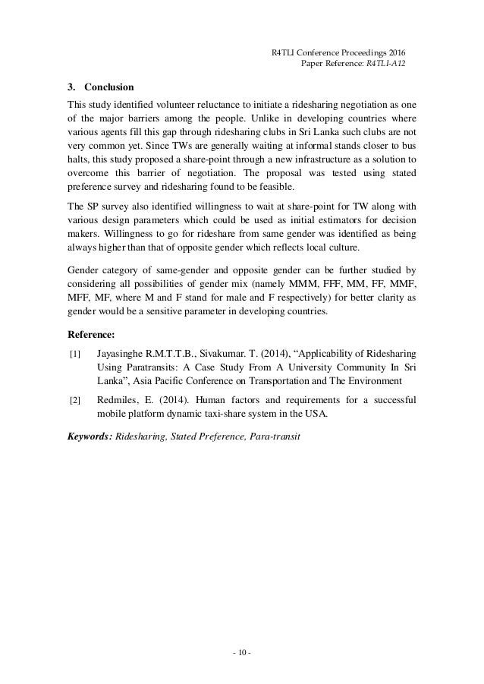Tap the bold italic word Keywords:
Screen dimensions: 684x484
pyautogui.click(x=90, y=438)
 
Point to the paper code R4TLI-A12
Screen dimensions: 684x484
pyautogui.click(x=385, y=63)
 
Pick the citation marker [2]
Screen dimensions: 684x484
pyautogui.click(x=74, y=399)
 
